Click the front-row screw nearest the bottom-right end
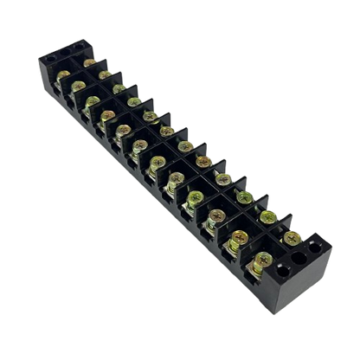point(260,257)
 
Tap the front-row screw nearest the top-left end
point(62,75)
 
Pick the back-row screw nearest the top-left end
point(90,62)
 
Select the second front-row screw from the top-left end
point(78,87)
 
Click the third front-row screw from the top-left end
point(93,100)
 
